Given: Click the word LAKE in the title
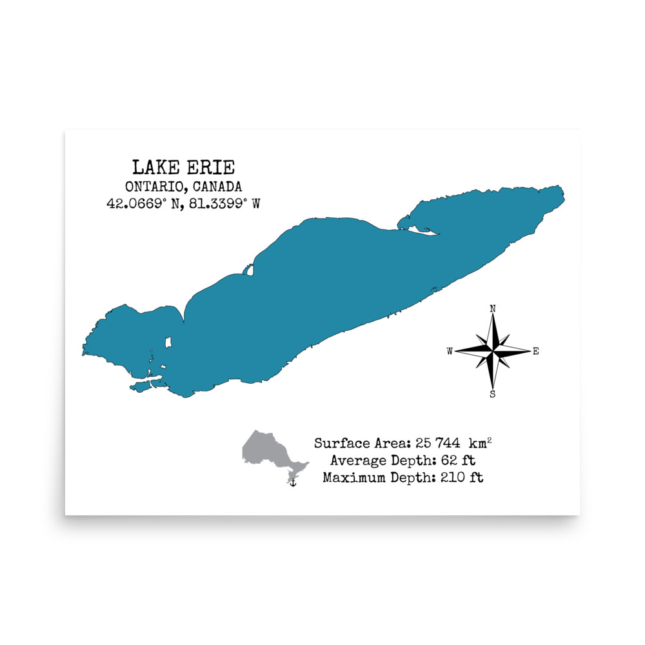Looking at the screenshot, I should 153,168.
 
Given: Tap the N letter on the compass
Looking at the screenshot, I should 493,309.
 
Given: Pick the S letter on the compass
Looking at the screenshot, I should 493,395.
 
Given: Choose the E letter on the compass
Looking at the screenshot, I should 536,352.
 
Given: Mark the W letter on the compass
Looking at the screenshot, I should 450,352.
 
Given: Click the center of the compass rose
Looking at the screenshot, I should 493,352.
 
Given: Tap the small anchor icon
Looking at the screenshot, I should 292,482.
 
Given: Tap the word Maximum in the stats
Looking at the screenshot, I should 352,478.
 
